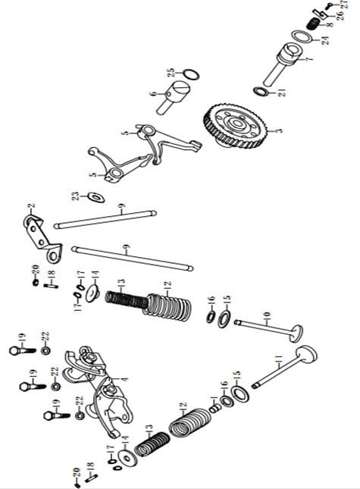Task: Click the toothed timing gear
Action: [236, 126]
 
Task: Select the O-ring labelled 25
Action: [191, 75]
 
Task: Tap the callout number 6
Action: [153, 93]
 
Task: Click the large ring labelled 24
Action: [302, 37]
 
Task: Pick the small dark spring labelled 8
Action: [312, 24]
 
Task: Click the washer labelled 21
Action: [261, 92]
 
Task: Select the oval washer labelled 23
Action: [96, 197]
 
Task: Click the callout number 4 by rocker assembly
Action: [125, 379]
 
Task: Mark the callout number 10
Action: [267, 315]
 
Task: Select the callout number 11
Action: [279, 359]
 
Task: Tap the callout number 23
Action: [75, 196]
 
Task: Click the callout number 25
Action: [171, 73]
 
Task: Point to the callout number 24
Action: [325, 40]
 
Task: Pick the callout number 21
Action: [282, 92]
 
